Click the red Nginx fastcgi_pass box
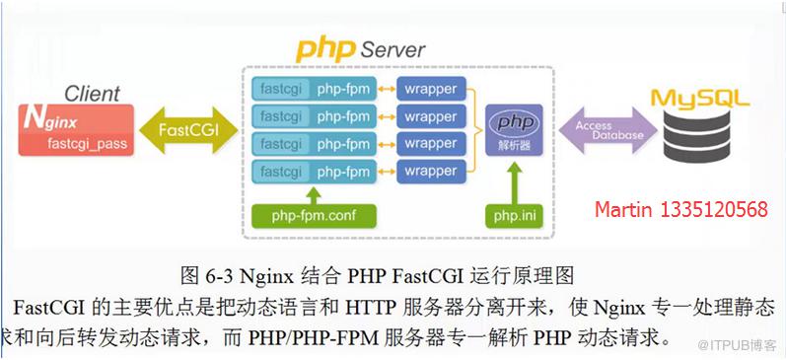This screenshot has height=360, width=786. coord(76,130)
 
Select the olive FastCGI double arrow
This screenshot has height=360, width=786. coord(188,130)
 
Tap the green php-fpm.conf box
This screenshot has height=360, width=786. coord(314,216)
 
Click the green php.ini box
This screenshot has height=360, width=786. coord(514,216)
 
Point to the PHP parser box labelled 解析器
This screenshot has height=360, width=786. coord(515,130)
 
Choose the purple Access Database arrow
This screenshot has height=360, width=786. coord(607,130)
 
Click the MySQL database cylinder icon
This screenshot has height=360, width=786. coord(697,134)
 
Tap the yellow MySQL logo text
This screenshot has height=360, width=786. coord(700,98)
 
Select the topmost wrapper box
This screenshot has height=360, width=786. coord(432,89)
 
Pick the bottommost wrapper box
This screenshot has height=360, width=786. coord(432,172)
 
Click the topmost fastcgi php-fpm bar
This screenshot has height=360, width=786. coord(314,89)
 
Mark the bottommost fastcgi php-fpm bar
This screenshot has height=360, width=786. coord(314,172)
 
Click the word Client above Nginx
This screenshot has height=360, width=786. coord(93,94)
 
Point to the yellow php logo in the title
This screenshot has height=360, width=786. coord(324,49)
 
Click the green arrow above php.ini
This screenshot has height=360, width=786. coord(514,184)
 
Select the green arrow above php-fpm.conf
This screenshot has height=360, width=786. coord(314,195)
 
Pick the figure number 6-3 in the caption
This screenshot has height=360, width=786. coord(218,276)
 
